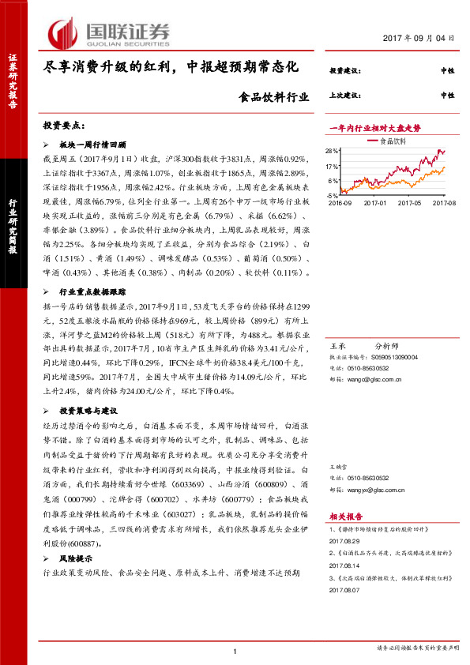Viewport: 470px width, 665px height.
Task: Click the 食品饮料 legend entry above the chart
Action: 393,141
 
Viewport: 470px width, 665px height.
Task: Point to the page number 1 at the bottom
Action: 235,651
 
